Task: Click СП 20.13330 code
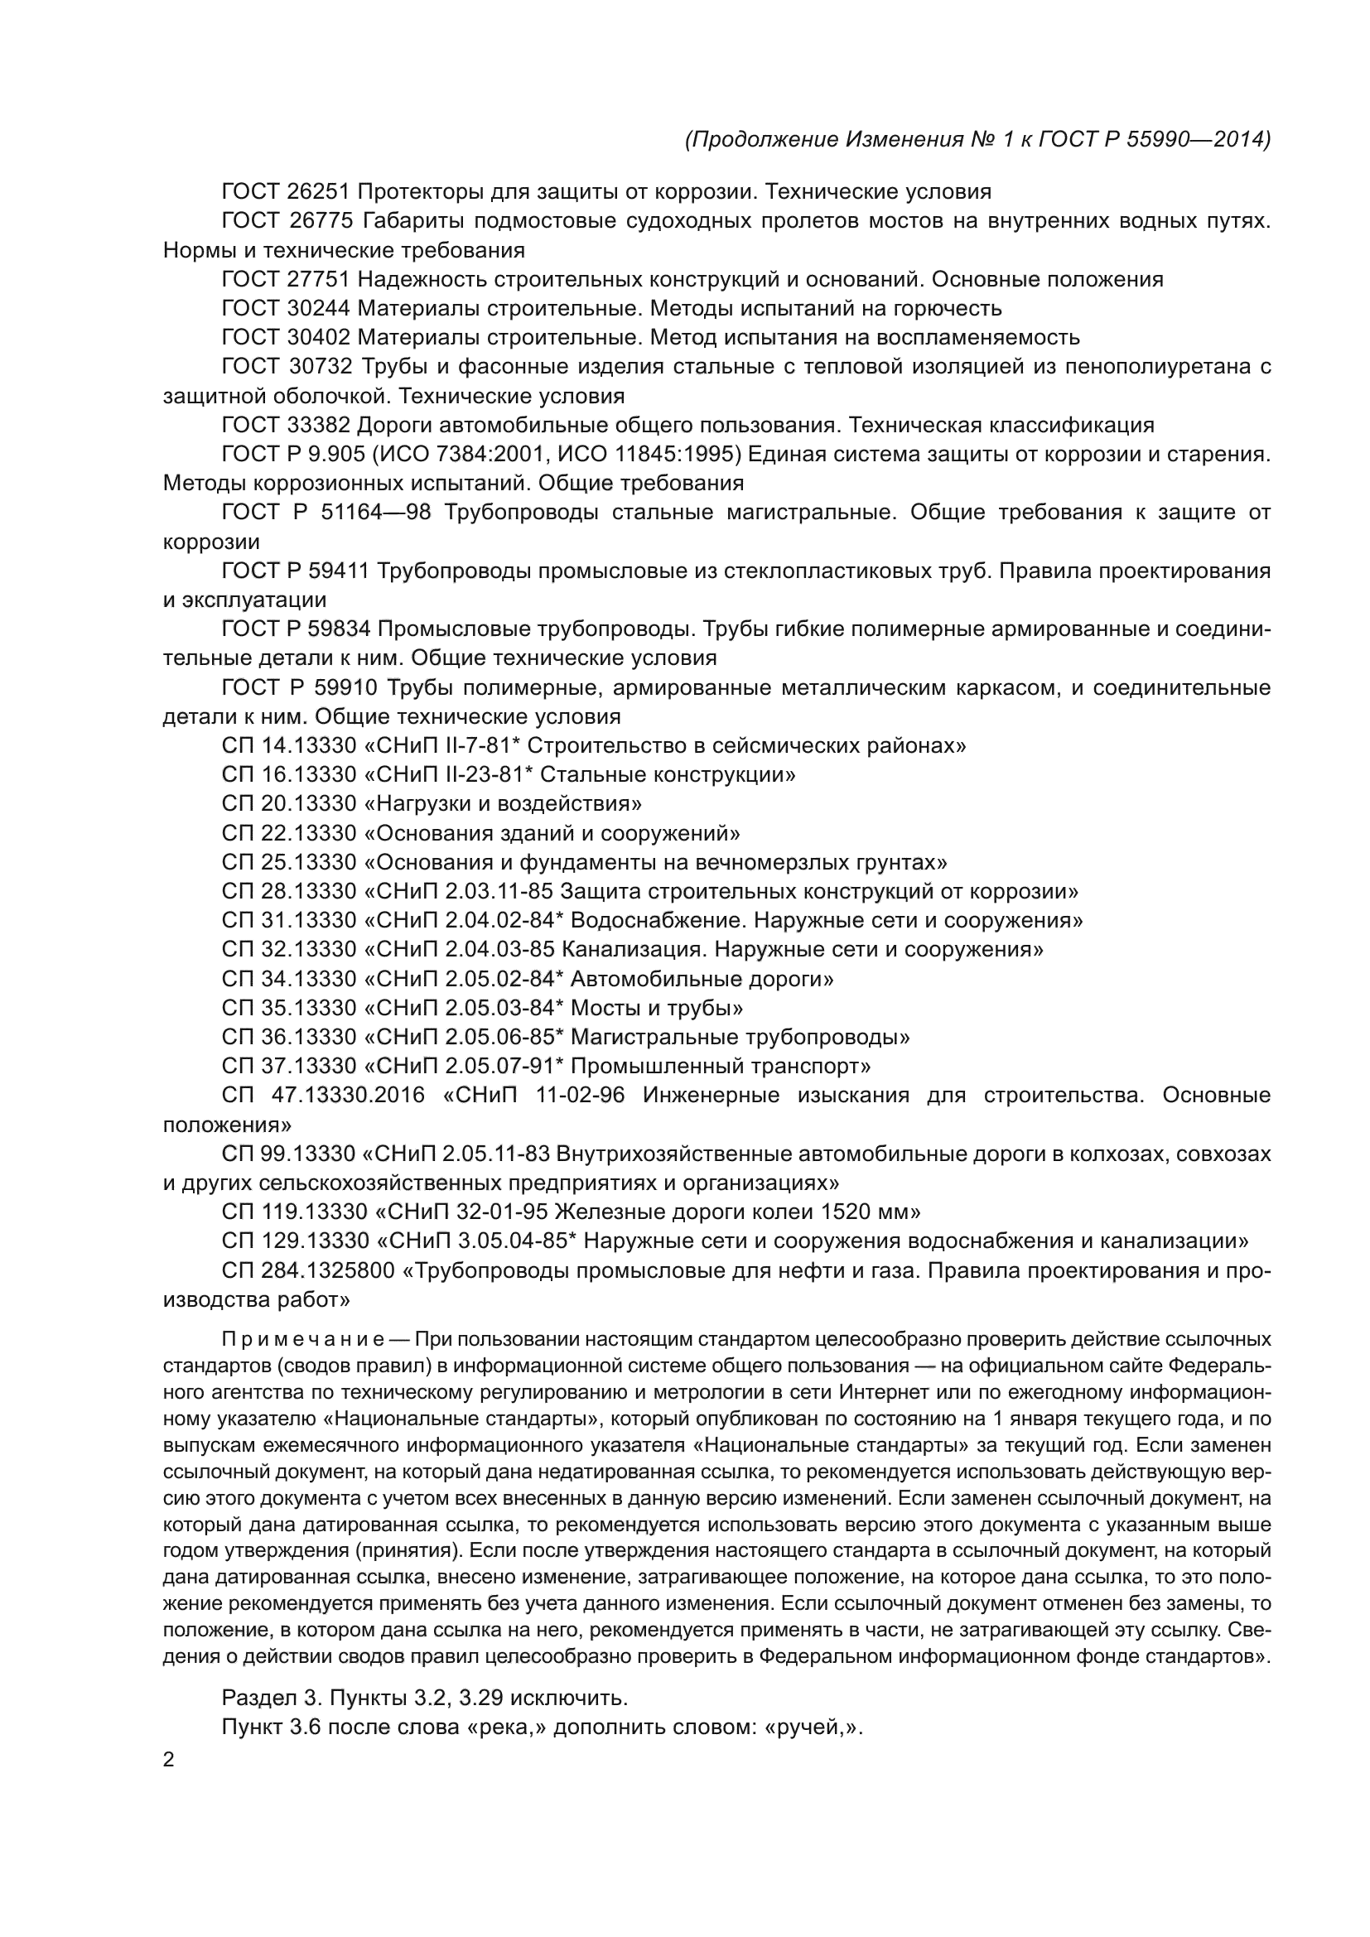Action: pyautogui.click(x=289, y=804)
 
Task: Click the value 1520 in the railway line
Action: pyautogui.click(x=850, y=1212)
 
